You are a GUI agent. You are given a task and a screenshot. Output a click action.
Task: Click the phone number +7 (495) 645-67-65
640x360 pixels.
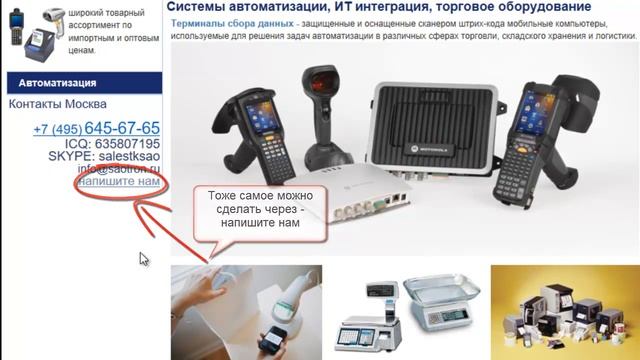click(96, 129)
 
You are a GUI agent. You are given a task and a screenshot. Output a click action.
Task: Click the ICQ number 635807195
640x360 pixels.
click(118, 144)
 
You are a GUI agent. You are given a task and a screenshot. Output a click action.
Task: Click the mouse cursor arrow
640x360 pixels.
click(143, 258)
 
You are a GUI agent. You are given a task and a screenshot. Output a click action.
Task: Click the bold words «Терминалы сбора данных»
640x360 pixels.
click(225, 23)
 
